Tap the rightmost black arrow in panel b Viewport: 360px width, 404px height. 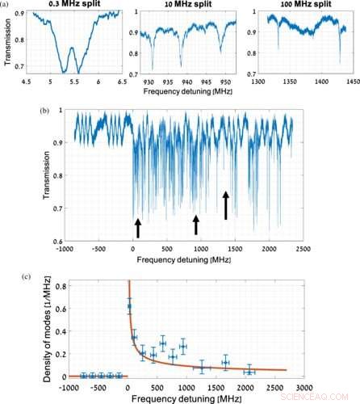pyautogui.click(x=226, y=205)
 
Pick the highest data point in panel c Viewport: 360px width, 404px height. pyautogui.click(x=130, y=306)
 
